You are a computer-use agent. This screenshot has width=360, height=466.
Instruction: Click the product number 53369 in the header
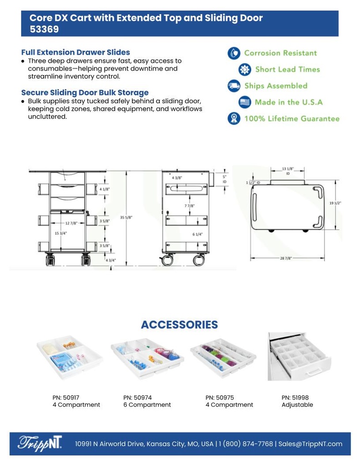coord(44,29)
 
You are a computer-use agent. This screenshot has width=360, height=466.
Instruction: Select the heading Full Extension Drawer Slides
coord(76,52)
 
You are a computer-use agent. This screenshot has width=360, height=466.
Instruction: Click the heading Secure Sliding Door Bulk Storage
coord(85,92)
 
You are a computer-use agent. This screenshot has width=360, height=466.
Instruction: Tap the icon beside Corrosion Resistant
coord(234,53)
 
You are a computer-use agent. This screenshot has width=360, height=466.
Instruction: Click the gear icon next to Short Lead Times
coord(245,69)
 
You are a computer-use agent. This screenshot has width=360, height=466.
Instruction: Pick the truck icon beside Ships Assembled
coord(234,86)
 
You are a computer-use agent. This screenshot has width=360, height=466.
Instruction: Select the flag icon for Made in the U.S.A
coord(245,102)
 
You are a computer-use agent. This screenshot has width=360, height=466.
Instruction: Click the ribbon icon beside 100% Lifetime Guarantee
coord(234,118)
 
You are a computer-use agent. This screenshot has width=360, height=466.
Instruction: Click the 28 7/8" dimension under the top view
coord(286,258)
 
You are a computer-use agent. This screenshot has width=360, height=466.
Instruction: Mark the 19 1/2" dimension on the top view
coord(335,203)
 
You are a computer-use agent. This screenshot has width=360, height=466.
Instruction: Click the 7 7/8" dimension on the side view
coord(189,206)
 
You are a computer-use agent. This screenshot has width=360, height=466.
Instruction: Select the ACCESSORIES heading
coord(179,324)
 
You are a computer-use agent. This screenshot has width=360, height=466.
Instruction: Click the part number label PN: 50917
coord(66,397)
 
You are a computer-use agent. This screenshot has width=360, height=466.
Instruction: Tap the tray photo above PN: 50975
coord(223,358)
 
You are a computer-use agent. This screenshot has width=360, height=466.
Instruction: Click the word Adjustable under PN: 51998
coord(297,405)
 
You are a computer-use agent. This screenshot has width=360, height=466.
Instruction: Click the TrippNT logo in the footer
coord(40,444)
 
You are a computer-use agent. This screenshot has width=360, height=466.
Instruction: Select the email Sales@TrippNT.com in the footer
coord(310,444)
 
